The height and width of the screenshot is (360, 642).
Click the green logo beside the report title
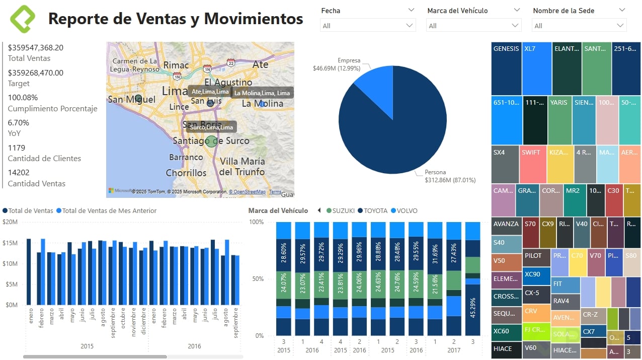click(x=23, y=19)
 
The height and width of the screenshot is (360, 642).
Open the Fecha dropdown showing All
click(x=368, y=26)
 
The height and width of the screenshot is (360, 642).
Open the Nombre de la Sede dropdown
click(x=579, y=26)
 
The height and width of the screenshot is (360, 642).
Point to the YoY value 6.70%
click(x=19, y=123)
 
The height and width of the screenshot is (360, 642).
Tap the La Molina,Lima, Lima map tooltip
click(x=262, y=93)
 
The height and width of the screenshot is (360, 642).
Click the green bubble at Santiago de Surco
click(x=212, y=141)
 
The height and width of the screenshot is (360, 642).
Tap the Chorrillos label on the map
click(x=186, y=173)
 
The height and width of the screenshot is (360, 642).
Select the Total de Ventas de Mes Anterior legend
click(x=106, y=211)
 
